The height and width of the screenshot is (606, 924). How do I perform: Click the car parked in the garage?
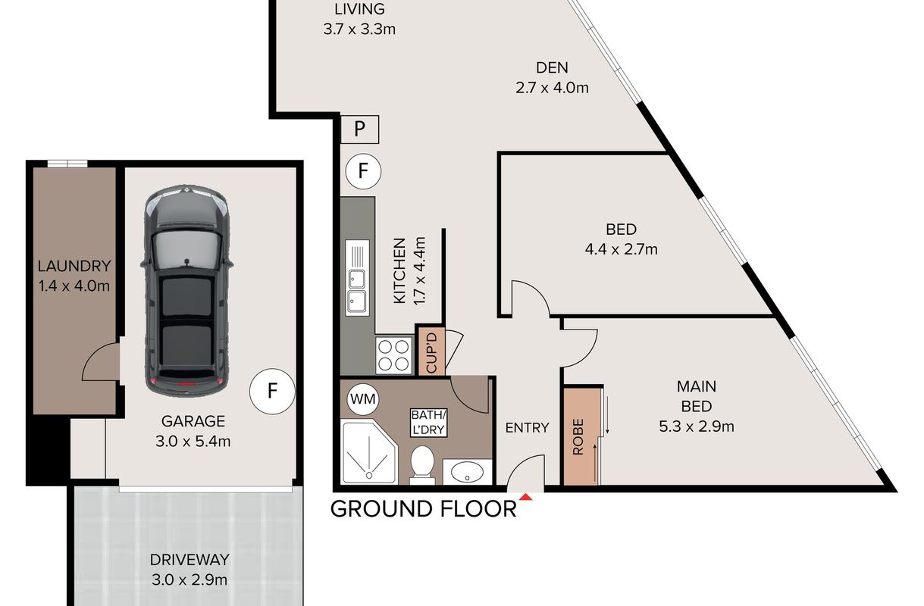click(x=186, y=291)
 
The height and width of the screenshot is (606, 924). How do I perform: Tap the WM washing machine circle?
click(x=363, y=398)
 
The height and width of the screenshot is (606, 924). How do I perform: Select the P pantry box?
click(x=359, y=130)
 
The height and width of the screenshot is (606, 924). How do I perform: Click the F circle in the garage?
click(x=272, y=391)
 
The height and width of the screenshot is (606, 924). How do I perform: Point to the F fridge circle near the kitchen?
click(x=363, y=171)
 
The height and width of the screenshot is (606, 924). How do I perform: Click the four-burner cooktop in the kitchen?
click(x=393, y=355)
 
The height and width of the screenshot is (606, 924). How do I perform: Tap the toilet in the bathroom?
click(x=422, y=465)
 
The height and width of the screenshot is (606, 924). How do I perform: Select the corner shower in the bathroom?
click(x=370, y=451)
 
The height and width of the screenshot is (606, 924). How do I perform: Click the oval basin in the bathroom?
click(x=468, y=472)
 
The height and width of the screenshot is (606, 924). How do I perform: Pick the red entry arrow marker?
click(x=525, y=497)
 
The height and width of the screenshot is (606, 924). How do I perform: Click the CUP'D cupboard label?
click(x=431, y=353)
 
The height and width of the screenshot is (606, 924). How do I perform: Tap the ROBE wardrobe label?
click(x=578, y=436)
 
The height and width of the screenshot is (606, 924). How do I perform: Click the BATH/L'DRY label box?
click(x=428, y=423)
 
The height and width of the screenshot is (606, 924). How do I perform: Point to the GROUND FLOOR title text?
click(x=423, y=509)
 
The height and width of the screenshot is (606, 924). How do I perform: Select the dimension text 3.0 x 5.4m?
click(x=193, y=442)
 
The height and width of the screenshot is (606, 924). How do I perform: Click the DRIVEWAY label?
click(x=189, y=560)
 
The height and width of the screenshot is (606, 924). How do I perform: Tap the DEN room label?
click(x=552, y=67)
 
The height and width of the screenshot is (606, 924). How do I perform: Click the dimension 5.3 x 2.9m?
click(x=697, y=426)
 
